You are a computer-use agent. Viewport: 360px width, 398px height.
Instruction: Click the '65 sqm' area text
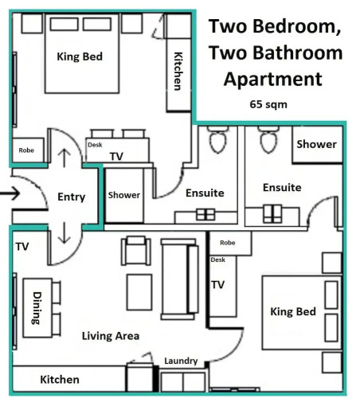(268, 104)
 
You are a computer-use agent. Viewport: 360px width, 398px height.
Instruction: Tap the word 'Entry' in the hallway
(72, 197)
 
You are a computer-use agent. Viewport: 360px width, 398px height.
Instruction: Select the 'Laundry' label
(181, 361)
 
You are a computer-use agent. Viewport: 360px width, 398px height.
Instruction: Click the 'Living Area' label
(111, 336)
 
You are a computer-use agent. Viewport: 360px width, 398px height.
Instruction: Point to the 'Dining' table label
(37, 308)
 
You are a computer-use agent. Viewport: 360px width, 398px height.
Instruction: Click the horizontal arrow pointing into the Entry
(10, 193)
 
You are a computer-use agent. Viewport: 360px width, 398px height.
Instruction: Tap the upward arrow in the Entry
(65, 158)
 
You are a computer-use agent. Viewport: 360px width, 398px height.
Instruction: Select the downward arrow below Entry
(65, 232)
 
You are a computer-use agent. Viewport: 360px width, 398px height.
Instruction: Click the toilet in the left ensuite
(218, 139)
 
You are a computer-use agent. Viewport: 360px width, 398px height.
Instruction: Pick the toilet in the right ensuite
(268, 139)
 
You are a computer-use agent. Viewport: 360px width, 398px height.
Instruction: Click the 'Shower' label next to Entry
(124, 195)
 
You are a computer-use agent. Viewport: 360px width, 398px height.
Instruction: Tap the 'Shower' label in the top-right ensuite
(316, 144)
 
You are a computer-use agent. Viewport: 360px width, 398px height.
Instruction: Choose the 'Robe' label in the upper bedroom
(26, 150)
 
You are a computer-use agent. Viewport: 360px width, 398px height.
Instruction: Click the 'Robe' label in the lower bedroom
(228, 243)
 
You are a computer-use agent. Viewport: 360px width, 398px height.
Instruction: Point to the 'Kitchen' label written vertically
(178, 71)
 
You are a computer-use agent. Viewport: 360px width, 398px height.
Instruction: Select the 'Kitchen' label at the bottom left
(60, 380)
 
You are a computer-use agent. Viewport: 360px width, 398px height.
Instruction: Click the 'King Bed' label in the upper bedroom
(80, 57)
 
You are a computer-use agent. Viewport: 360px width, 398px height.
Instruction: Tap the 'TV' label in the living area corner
(22, 247)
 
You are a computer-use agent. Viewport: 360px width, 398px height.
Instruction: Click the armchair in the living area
(136, 251)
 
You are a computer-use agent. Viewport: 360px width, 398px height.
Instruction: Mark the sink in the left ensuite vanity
(205, 215)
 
